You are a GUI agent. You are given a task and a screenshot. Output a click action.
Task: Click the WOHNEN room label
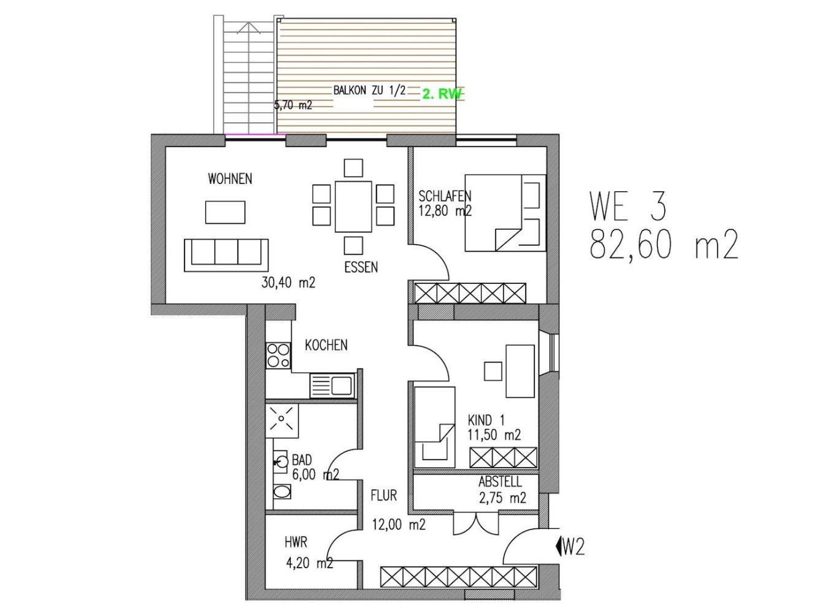[x=229, y=179]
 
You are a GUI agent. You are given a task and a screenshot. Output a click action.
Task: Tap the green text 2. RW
[x=442, y=94]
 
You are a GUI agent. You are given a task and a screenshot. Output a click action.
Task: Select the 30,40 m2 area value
[x=288, y=283]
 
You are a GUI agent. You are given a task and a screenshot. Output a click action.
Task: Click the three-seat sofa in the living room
[x=226, y=254]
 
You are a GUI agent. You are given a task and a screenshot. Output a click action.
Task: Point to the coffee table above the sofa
[x=224, y=212]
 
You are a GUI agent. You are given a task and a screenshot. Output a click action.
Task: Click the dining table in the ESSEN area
[x=353, y=207]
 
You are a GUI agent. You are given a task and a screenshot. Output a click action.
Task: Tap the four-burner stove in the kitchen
[x=278, y=356]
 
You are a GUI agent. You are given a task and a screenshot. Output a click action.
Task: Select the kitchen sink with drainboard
[x=332, y=386]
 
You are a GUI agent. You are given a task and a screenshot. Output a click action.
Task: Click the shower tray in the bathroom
[x=282, y=421]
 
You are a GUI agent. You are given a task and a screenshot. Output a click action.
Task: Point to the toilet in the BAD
[x=282, y=491]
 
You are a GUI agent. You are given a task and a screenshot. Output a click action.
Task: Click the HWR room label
[x=296, y=543]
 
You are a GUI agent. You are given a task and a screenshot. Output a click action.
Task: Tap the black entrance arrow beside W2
[x=558, y=546]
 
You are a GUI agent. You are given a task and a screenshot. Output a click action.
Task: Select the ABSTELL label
[x=500, y=482]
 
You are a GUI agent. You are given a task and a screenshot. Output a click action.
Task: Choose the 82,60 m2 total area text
[x=663, y=245]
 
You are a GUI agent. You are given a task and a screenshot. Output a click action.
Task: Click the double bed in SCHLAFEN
[x=505, y=213]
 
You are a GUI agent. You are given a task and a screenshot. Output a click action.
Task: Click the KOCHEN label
[x=326, y=345]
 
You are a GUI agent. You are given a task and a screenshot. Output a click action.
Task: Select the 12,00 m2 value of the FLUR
[x=398, y=525]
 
